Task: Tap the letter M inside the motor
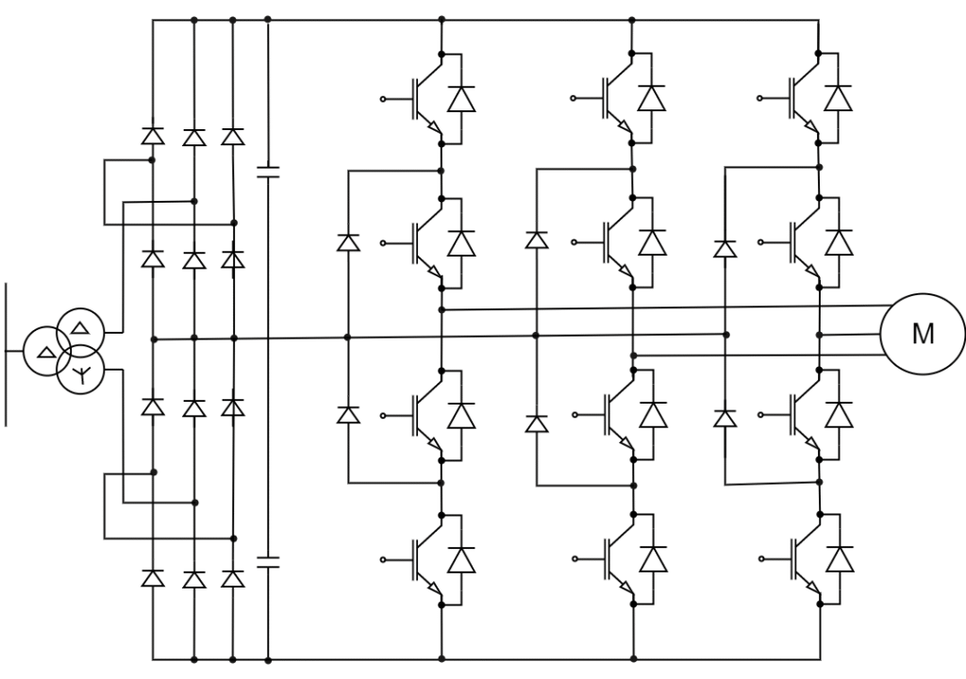point(922,334)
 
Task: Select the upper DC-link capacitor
point(269,172)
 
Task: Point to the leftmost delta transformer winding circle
point(45,352)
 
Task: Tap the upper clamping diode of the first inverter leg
point(348,243)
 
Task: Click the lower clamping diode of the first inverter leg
point(348,414)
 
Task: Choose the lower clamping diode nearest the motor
point(724,417)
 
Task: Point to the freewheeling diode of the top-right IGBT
point(838,98)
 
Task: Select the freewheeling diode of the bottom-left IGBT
point(461,560)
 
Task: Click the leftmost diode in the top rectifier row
point(153,137)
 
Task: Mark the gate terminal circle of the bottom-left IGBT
point(383,559)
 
